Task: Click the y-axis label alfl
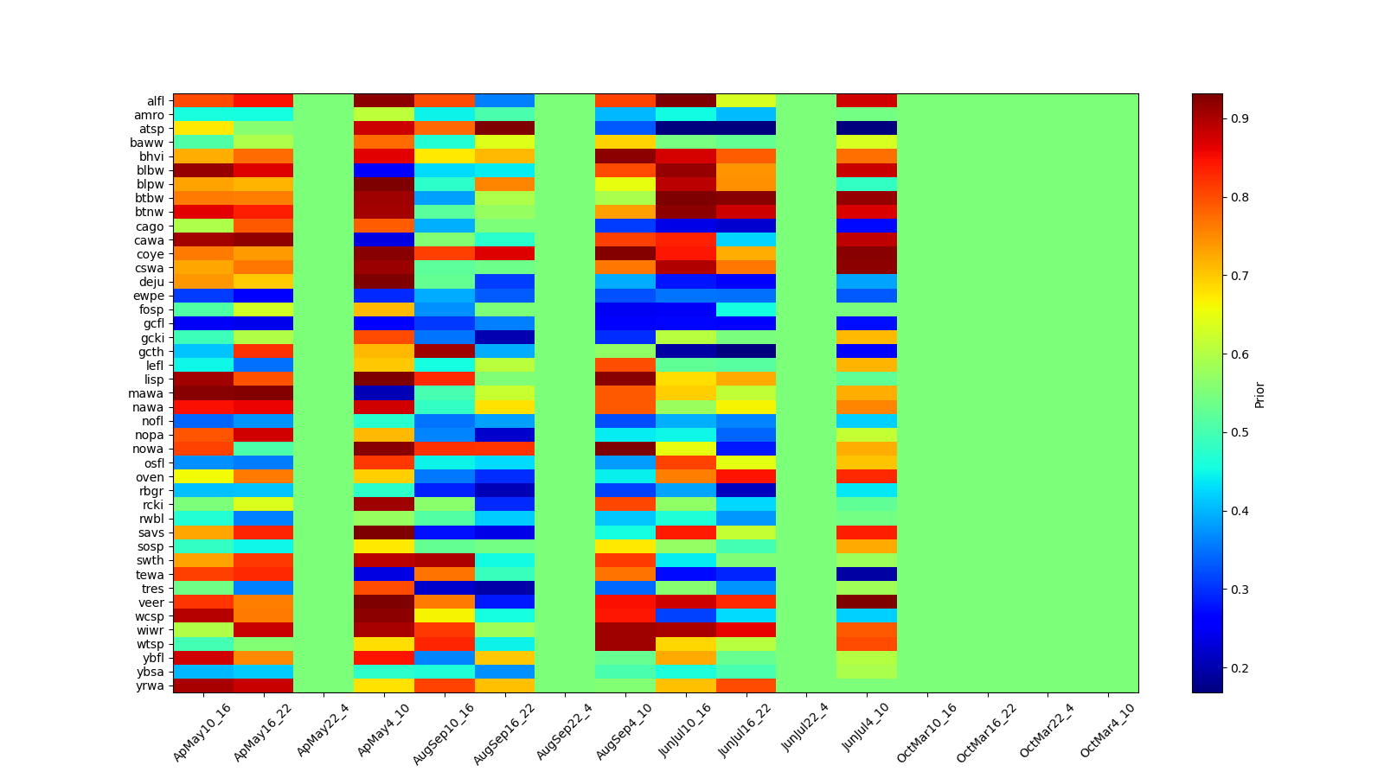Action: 154,101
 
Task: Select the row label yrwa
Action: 151,686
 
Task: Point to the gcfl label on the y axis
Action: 152,323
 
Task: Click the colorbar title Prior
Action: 1259,394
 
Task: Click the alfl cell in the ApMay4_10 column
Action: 384,101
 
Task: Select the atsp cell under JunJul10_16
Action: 686,129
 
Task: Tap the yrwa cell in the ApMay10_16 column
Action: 203,686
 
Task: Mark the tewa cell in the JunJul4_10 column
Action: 867,574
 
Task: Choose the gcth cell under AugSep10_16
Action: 445,352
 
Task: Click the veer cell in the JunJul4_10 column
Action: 867,602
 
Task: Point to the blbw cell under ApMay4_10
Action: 384,170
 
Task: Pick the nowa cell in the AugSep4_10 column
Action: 625,449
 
